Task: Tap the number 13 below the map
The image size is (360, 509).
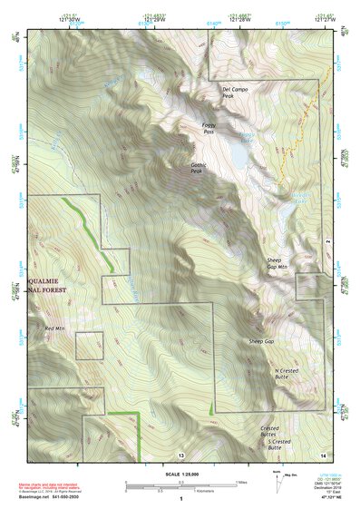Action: click(180, 455)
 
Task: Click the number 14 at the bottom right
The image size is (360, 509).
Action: click(322, 454)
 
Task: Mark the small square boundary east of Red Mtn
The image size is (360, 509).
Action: click(89, 346)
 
